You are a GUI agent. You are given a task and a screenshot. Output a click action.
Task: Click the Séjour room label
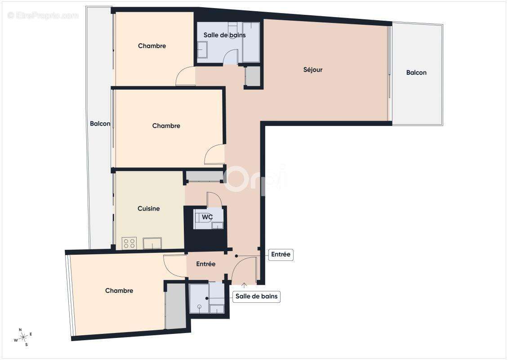[313, 70]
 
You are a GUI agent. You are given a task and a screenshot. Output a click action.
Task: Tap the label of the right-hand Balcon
[416, 72]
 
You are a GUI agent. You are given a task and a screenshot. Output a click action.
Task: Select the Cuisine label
[148, 209]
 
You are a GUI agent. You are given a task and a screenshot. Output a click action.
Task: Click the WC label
[207, 217]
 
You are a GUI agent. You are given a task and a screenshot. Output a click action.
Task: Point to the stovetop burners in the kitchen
[129, 243]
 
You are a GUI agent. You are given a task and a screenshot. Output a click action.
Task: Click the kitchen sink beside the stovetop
[152, 243]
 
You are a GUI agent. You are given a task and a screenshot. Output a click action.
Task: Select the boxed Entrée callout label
[281, 255]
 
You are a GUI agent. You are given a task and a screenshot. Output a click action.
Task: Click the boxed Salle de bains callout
[257, 297]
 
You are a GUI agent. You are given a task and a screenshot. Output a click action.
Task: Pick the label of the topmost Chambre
[152, 46]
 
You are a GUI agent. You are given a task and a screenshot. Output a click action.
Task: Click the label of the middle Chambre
[166, 126]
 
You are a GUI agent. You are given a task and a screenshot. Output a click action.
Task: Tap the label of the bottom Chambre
[119, 291]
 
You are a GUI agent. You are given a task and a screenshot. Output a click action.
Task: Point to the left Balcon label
[100, 124]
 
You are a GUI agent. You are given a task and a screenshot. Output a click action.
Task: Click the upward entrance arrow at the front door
[244, 285]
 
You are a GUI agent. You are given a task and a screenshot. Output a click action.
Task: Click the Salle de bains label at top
[224, 35]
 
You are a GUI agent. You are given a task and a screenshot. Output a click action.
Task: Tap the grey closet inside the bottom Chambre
[175, 306]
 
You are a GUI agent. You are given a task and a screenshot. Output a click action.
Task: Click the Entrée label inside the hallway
[206, 264]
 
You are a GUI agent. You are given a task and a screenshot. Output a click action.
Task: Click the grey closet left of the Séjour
[254, 76]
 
